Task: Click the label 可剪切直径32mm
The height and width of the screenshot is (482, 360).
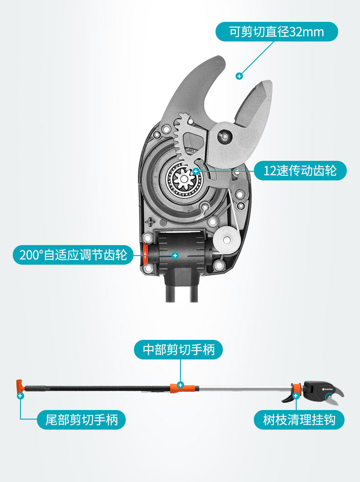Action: (277, 32)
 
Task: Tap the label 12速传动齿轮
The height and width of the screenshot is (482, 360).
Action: (300, 171)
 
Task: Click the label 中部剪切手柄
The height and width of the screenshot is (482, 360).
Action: (179, 349)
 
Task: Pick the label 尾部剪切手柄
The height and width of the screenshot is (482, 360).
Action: (81, 419)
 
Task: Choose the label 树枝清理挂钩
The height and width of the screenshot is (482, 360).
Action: (299, 419)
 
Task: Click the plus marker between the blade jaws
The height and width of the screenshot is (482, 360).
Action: (239, 76)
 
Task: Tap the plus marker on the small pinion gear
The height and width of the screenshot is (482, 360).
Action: (195, 171)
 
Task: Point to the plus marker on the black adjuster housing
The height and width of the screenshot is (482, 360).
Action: (175, 256)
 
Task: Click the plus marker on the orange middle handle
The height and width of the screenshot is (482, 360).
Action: (180, 385)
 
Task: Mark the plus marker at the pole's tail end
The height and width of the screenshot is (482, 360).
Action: (20, 396)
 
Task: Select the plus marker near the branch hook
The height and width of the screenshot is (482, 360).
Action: (296, 396)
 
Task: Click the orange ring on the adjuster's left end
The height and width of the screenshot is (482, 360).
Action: (145, 255)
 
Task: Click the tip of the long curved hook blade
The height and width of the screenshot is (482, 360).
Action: (218, 58)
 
